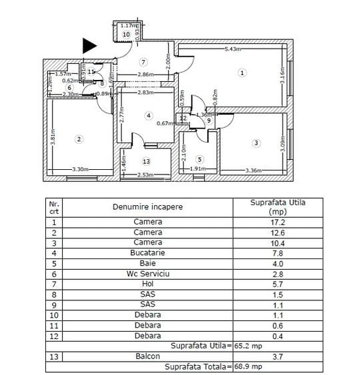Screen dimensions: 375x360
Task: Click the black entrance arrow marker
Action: coord(89,45)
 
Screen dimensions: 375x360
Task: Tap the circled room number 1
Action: coord(242,73)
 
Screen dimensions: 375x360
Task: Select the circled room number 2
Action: coord(79,139)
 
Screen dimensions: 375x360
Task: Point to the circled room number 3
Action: coord(255,143)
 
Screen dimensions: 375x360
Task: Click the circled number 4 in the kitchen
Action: coord(148,115)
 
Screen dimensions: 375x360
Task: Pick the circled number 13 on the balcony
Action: coord(146,161)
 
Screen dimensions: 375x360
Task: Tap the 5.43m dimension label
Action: coord(233,49)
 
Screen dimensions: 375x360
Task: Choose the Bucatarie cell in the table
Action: coord(147,253)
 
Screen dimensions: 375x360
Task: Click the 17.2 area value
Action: coord(277,222)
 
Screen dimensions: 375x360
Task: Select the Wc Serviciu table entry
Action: coord(147,274)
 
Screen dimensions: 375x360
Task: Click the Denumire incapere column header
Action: coord(147,206)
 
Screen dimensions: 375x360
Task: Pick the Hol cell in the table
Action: coord(147,284)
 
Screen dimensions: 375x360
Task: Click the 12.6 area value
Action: coord(277,232)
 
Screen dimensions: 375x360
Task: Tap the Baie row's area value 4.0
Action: coord(277,263)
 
